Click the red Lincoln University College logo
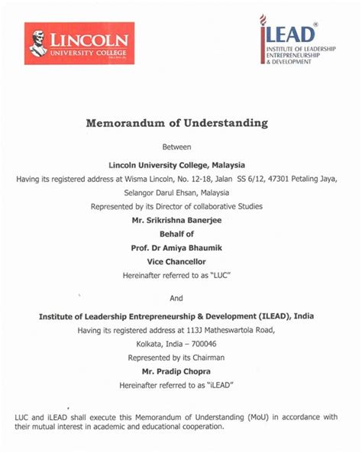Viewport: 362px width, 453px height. click(79, 43)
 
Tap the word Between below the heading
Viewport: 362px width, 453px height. click(181, 146)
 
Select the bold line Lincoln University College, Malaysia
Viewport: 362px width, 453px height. click(181, 164)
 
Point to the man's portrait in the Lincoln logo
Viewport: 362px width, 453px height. click(38, 43)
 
